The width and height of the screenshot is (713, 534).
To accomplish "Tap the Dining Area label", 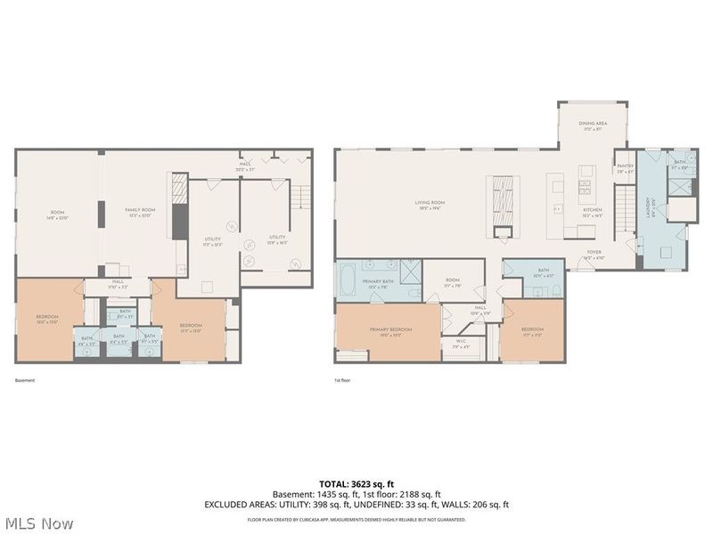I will (589, 126).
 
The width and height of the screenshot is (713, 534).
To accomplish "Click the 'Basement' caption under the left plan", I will (26, 380).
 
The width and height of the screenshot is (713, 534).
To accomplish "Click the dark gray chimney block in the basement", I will (179, 221).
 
